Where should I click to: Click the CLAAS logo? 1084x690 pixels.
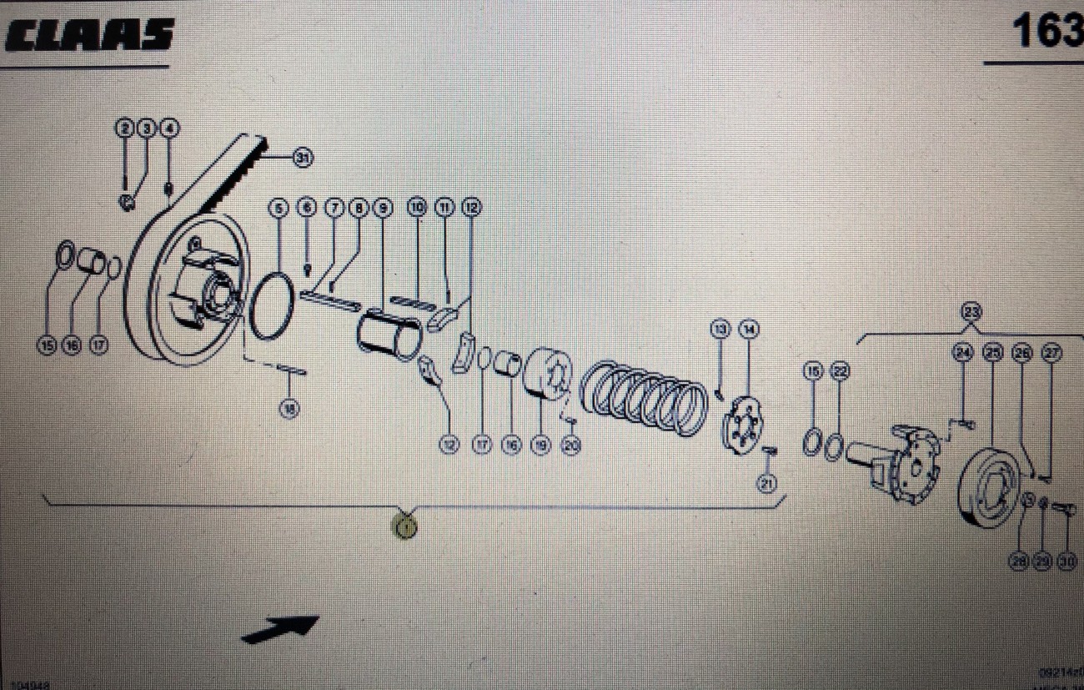point(89,35)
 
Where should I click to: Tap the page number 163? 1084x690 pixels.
point(1046,32)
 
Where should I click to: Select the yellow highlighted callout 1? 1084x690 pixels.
point(406,526)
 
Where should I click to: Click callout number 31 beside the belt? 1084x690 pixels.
point(303,157)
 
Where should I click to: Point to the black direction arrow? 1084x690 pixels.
point(280,629)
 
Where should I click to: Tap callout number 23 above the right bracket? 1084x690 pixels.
point(971,312)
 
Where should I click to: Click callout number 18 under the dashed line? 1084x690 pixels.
point(289,409)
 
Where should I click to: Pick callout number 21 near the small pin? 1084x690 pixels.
point(766,481)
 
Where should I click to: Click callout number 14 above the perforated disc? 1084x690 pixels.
point(749,330)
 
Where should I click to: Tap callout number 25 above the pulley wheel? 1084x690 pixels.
point(991,354)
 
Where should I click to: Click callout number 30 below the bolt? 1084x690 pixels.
point(1066,562)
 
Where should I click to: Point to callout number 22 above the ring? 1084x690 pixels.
point(840,372)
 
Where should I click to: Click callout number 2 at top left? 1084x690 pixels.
point(125,128)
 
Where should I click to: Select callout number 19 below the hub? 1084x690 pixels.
point(540,446)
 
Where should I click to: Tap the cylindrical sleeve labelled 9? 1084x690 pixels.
point(389,335)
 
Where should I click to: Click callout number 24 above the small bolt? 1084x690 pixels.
point(963,354)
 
